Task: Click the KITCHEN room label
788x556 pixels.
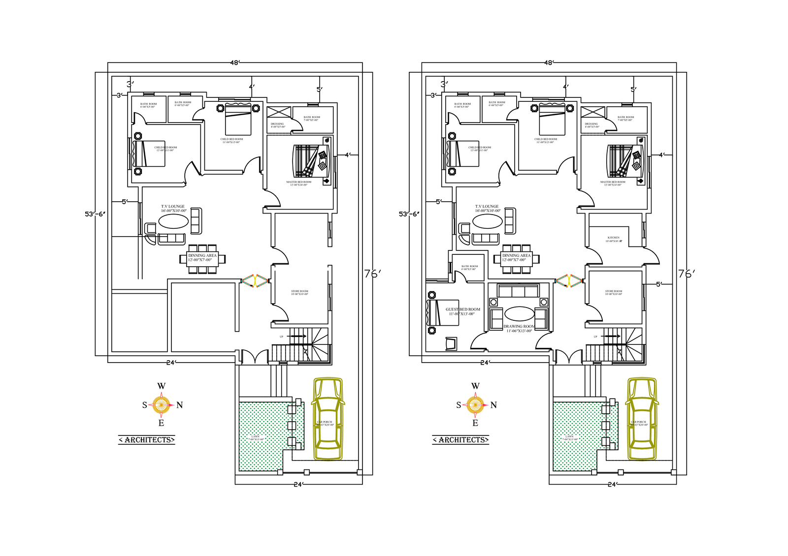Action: (613, 238)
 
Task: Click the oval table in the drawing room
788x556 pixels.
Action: (519, 313)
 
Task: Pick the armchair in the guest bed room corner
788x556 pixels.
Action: (451, 343)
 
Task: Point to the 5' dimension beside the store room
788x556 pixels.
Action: (659, 284)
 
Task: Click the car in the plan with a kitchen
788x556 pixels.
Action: (642, 419)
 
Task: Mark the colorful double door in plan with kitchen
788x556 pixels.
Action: (569, 281)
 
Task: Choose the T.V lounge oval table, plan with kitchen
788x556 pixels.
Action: (488, 221)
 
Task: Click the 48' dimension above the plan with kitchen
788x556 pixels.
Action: (549, 62)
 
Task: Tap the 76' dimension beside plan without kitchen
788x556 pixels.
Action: (372, 274)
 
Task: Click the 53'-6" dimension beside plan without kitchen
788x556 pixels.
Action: (95, 214)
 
